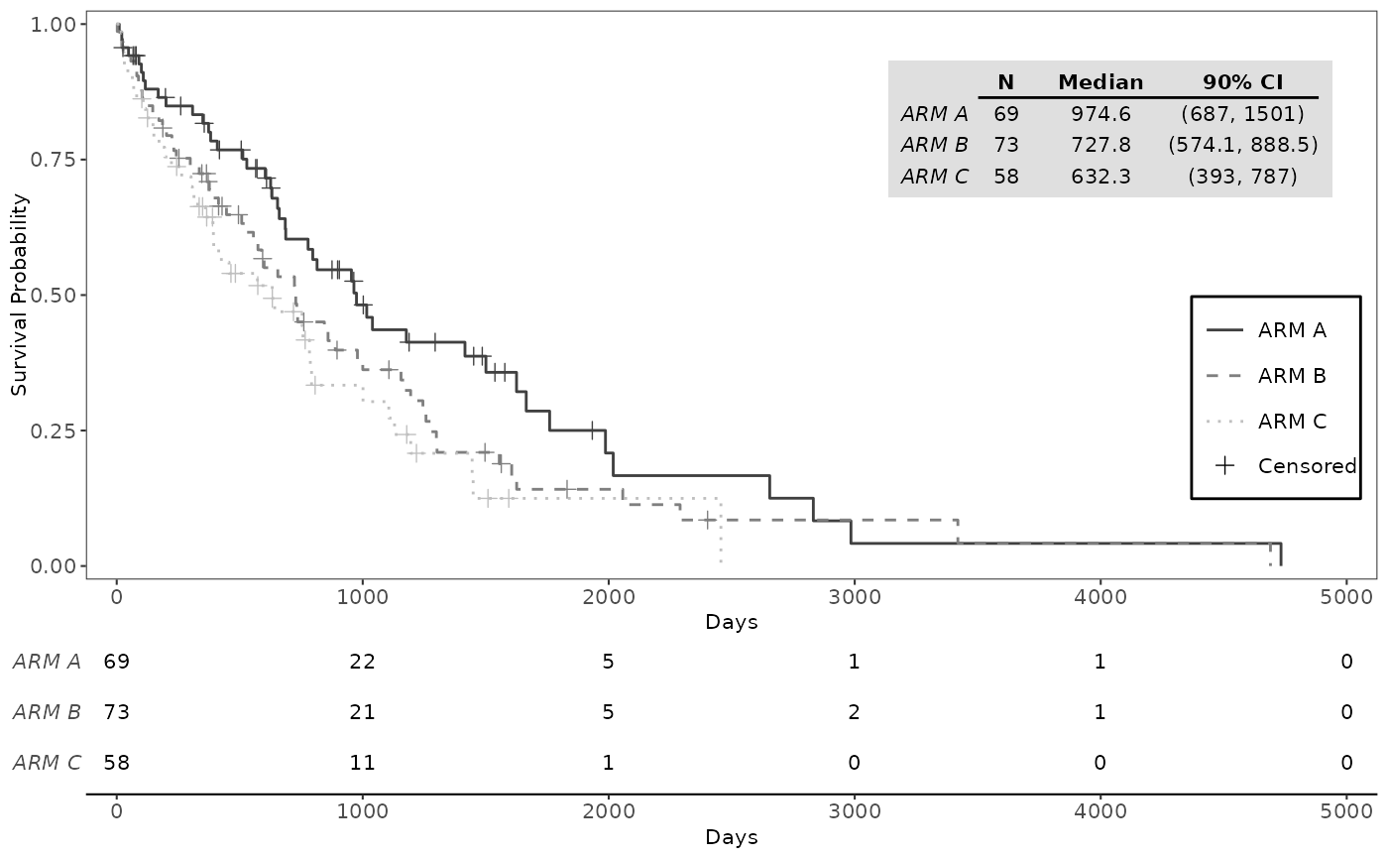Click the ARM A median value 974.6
1100,114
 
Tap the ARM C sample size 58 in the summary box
1005,177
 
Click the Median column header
1100,82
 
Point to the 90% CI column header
1242,82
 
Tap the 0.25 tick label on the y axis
52,430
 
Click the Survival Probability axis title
19,295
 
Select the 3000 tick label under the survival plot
855,597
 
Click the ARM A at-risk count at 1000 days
362,662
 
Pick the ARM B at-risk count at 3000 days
854,712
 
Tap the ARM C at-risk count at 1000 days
362,763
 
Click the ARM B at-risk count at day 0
117,712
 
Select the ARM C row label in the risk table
48,763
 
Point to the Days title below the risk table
732,837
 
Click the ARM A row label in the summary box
934,114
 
